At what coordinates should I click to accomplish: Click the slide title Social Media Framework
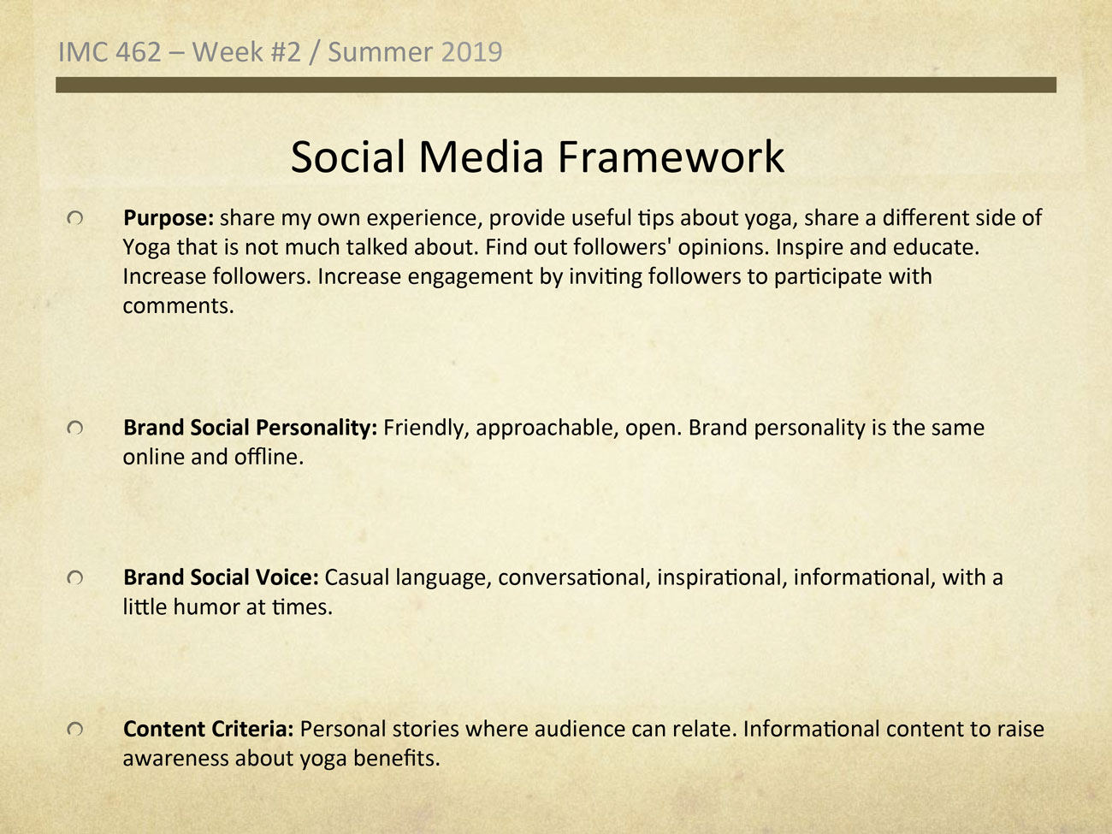[537, 157]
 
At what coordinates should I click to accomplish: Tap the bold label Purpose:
[169, 218]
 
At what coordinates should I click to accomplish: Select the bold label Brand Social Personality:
[251, 429]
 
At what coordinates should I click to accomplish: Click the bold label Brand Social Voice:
[221, 577]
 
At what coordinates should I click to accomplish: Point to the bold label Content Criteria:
[208, 729]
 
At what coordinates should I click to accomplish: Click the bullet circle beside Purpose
[75, 218]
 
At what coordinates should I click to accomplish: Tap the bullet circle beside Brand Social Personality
[75, 429]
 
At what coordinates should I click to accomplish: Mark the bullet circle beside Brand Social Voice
[75, 577]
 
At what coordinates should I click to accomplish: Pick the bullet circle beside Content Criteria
[75, 729]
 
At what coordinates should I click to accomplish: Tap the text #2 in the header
[286, 52]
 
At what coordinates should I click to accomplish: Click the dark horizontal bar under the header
[556, 85]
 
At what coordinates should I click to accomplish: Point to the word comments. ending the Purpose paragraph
[178, 306]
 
